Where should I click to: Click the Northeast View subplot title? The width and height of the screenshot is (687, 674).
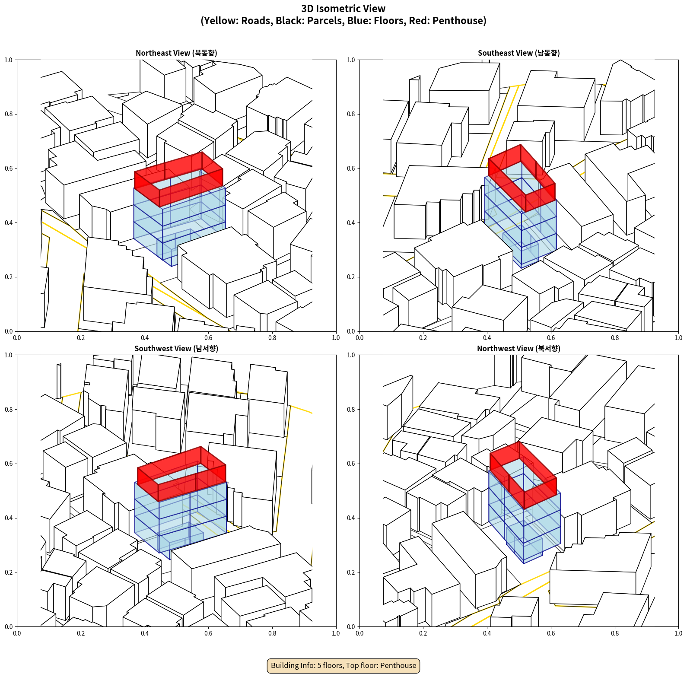point(176,53)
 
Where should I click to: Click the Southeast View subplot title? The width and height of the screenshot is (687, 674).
point(518,53)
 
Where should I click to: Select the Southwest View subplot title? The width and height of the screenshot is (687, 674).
point(176,349)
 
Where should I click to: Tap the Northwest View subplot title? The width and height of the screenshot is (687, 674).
point(518,349)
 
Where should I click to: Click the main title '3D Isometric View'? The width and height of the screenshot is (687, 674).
point(343,9)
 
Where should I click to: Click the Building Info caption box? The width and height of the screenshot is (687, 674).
point(343,665)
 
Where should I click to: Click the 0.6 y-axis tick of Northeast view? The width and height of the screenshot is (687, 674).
point(9,168)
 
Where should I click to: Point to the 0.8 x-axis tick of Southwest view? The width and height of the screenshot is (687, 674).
point(272,633)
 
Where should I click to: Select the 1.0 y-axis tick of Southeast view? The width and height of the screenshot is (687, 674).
point(351,60)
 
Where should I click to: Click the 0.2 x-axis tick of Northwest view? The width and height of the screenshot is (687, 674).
point(423,633)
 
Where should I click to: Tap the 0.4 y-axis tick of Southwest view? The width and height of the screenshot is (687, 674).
point(9,518)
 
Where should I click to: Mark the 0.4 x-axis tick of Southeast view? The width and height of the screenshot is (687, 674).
point(487,338)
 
